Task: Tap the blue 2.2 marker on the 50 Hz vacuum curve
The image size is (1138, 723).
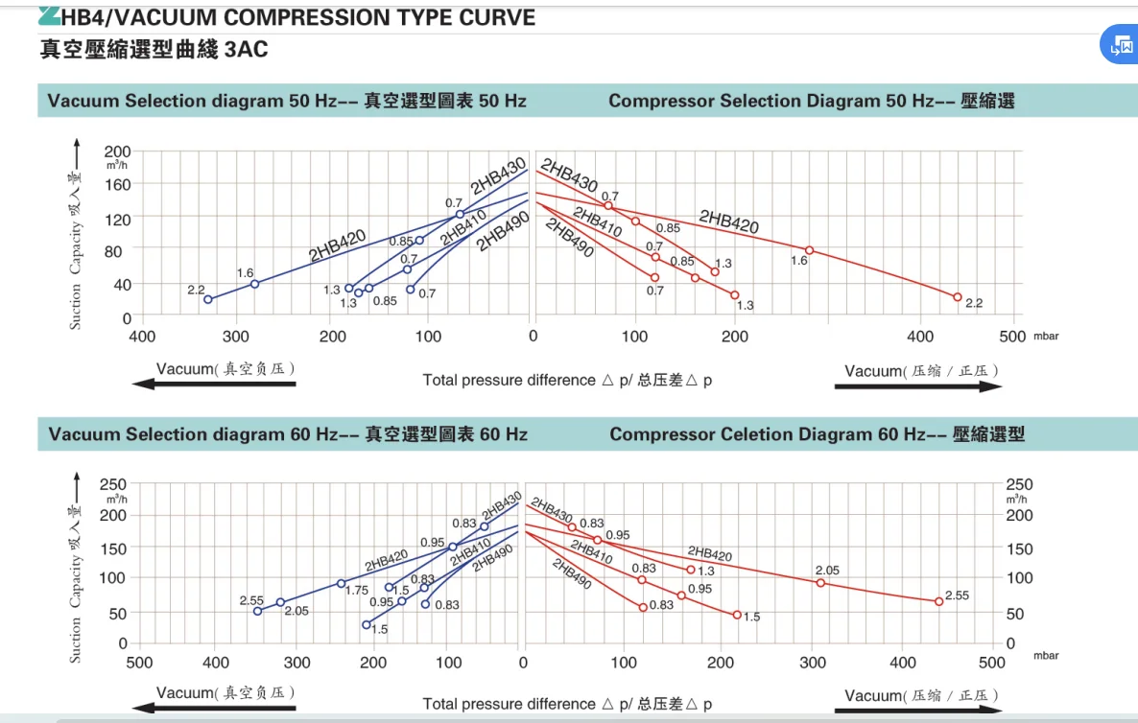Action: point(208,299)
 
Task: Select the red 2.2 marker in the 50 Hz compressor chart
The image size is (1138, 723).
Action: point(957,297)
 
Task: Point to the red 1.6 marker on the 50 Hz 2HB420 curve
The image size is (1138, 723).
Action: point(809,250)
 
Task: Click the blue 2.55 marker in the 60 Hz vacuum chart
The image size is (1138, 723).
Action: point(257,611)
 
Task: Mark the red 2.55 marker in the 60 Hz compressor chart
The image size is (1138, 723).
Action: point(938,601)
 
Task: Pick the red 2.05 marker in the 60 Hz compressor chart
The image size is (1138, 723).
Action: point(820,582)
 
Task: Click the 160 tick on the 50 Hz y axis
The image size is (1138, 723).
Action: point(118,184)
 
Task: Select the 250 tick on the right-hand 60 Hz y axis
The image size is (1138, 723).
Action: point(1019,485)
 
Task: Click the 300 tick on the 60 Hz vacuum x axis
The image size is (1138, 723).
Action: point(296,662)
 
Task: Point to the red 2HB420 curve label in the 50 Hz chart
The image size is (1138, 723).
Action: point(728,222)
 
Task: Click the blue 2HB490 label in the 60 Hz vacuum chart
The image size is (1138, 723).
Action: point(492,557)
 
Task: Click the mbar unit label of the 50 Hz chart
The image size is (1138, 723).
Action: point(1046,337)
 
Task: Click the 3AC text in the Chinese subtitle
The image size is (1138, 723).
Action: point(246,50)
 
